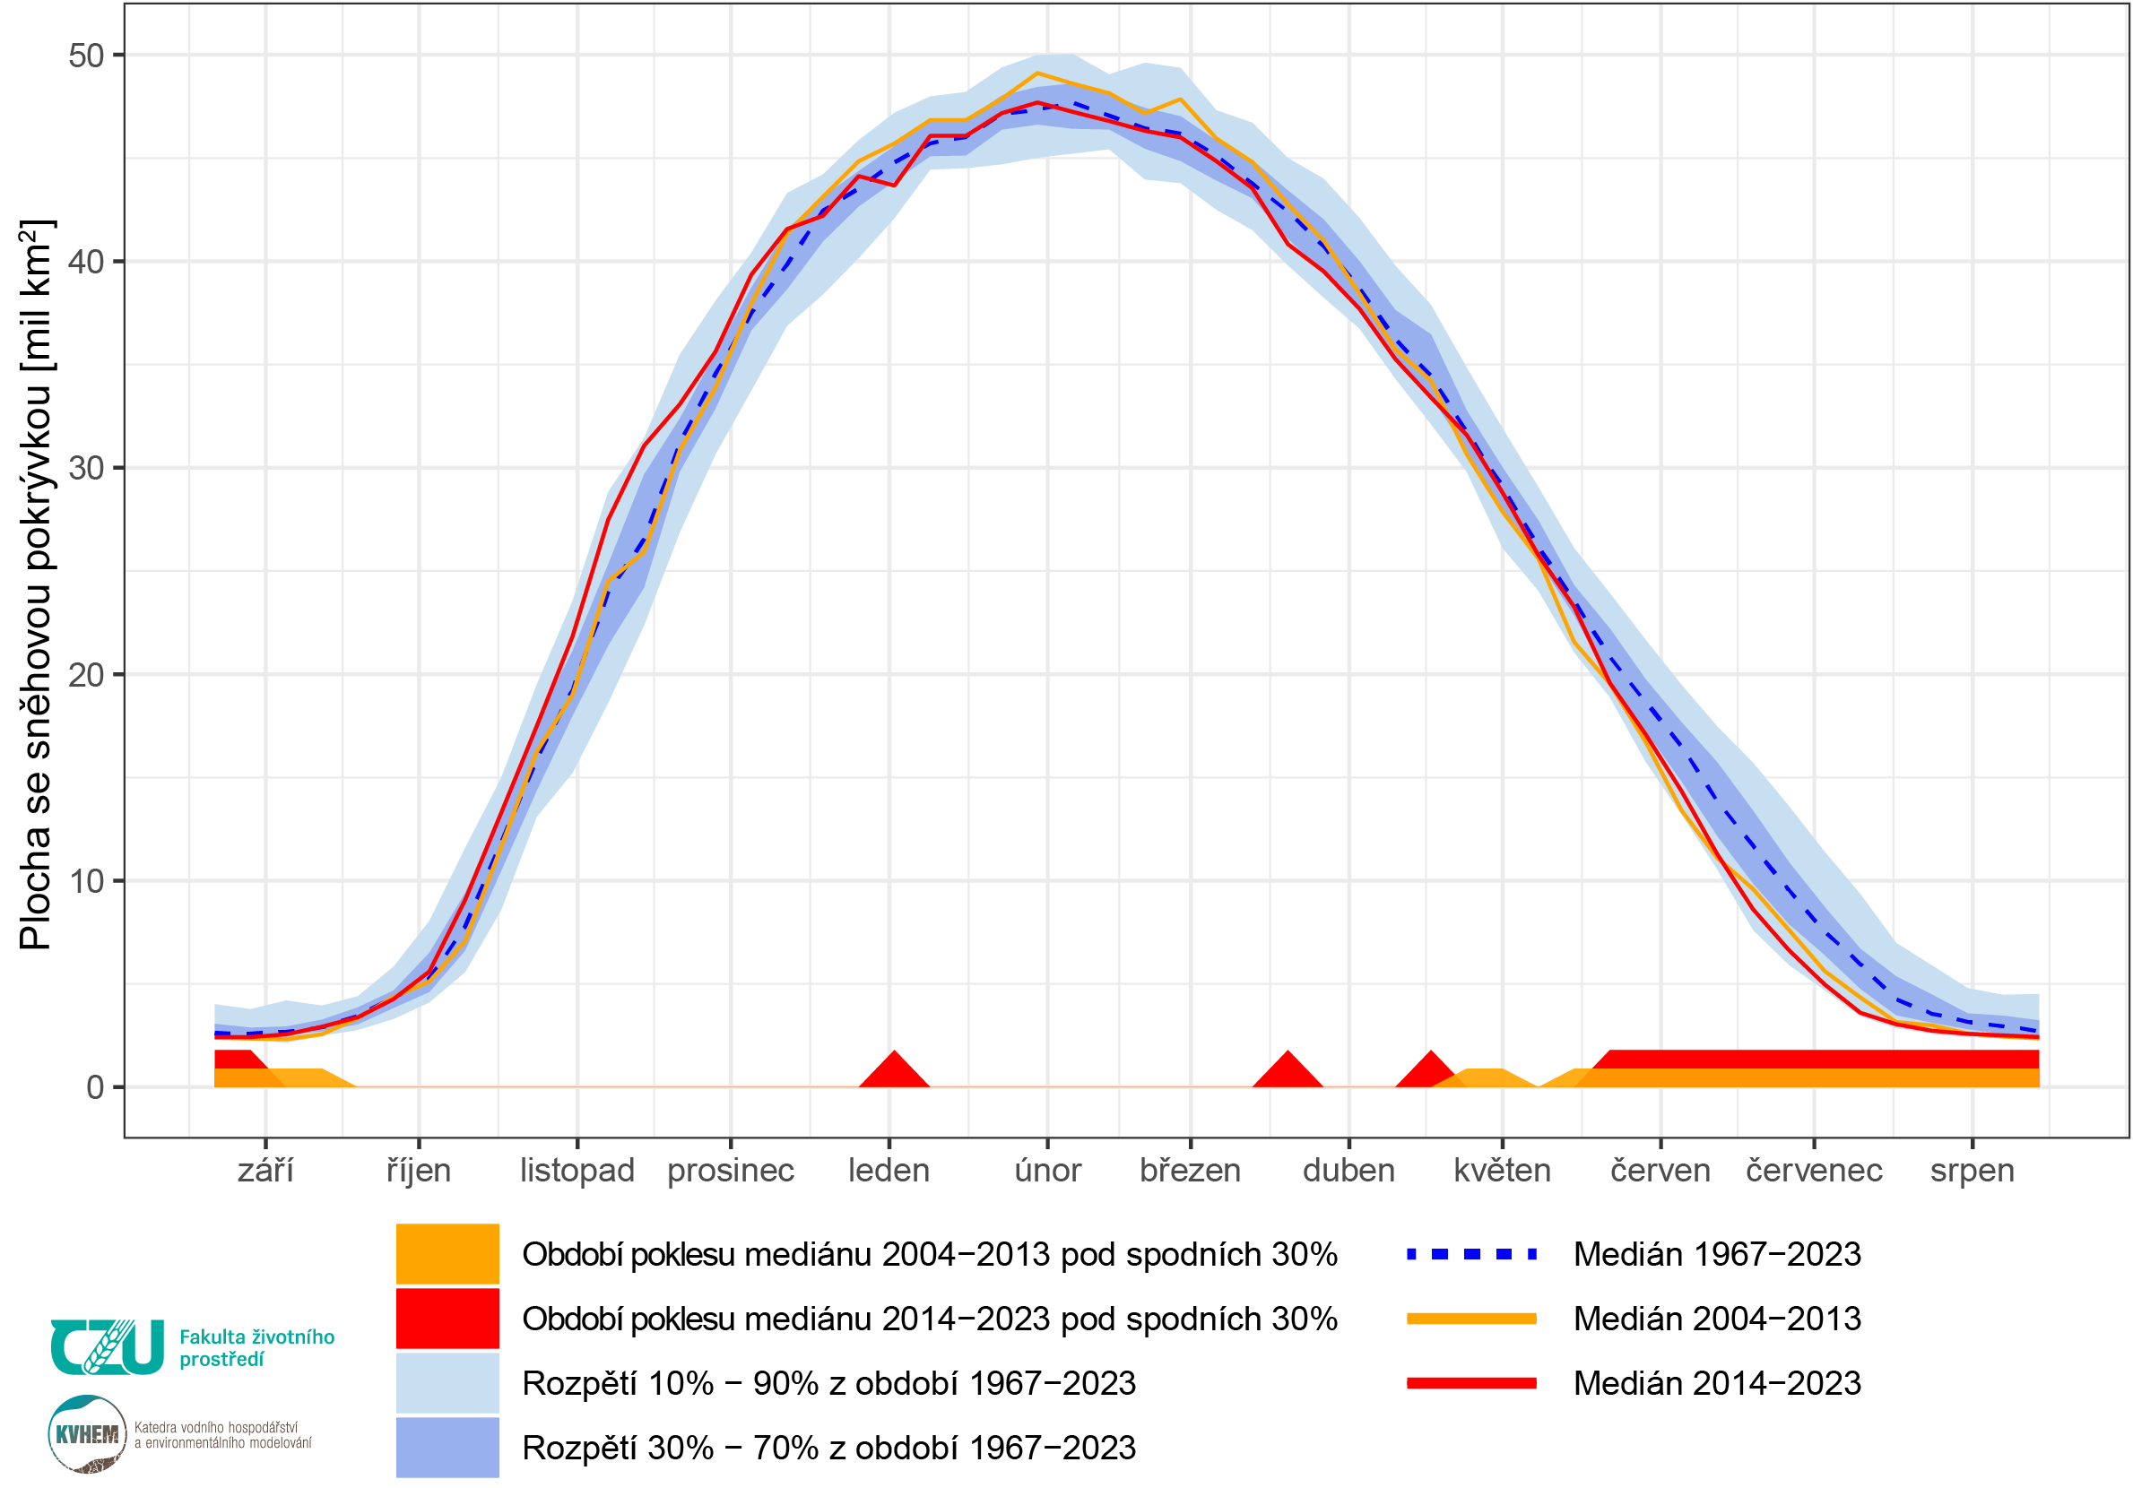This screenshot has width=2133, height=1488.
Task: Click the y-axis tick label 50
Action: [x=85, y=56]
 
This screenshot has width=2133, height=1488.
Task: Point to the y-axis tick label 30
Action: [x=85, y=468]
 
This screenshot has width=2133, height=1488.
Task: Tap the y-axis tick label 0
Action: [x=95, y=1087]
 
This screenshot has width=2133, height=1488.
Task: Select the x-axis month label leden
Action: [x=889, y=1171]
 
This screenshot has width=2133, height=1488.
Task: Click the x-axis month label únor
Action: [x=1047, y=1171]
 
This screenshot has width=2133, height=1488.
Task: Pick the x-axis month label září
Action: [x=265, y=1171]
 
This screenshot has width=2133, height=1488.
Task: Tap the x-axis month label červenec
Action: [x=1814, y=1171]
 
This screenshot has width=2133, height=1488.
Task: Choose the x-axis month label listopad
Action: [x=577, y=1171]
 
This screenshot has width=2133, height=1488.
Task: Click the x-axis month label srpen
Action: [x=1972, y=1171]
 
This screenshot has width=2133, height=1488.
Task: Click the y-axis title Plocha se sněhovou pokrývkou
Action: [x=37, y=585]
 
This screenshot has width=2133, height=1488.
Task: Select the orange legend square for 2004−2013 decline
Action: [x=447, y=1254]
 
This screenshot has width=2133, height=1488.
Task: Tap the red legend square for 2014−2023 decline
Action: [x=447, y=1318]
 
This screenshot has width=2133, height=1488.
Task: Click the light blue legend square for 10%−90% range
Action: [x=447, y=1382]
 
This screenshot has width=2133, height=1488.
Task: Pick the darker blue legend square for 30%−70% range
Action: [x=447, y=1446]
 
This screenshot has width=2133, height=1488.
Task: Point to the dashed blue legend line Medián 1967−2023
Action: [x=1470, y=1254]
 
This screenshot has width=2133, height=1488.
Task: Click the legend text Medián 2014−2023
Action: [x=1717, y=1383]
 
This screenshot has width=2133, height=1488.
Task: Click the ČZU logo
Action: [x=107, y=1346]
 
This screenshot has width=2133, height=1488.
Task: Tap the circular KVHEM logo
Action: [x=87, y=1434]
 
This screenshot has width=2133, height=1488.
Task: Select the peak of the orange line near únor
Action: [x=1036, y=73]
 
